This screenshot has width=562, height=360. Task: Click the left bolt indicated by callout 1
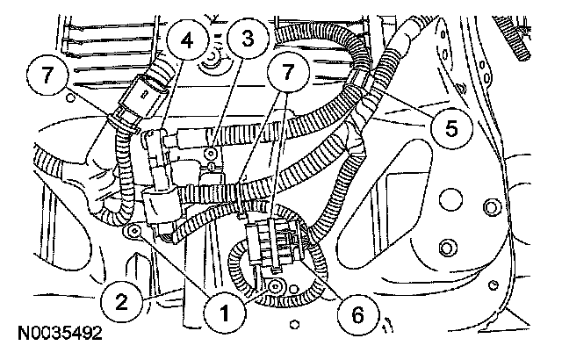click(x=133, y=231)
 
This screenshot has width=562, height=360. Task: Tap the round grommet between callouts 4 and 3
click(x=211, y=61)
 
